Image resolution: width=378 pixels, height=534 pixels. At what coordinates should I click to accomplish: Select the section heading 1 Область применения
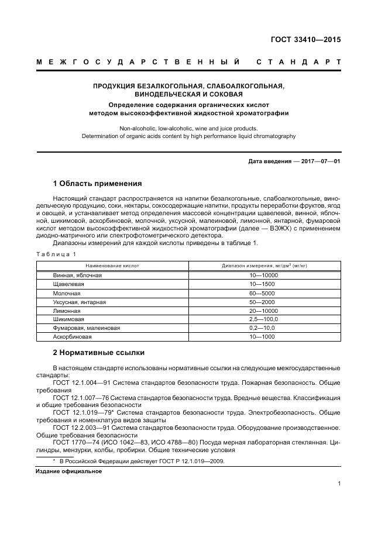click(97, 182)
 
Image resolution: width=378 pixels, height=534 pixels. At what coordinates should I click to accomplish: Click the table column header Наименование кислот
click(112, 266)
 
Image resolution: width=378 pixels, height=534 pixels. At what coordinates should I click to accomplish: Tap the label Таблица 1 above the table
click(57, 254)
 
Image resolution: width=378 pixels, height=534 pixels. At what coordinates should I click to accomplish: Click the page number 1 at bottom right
click(339, 483)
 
